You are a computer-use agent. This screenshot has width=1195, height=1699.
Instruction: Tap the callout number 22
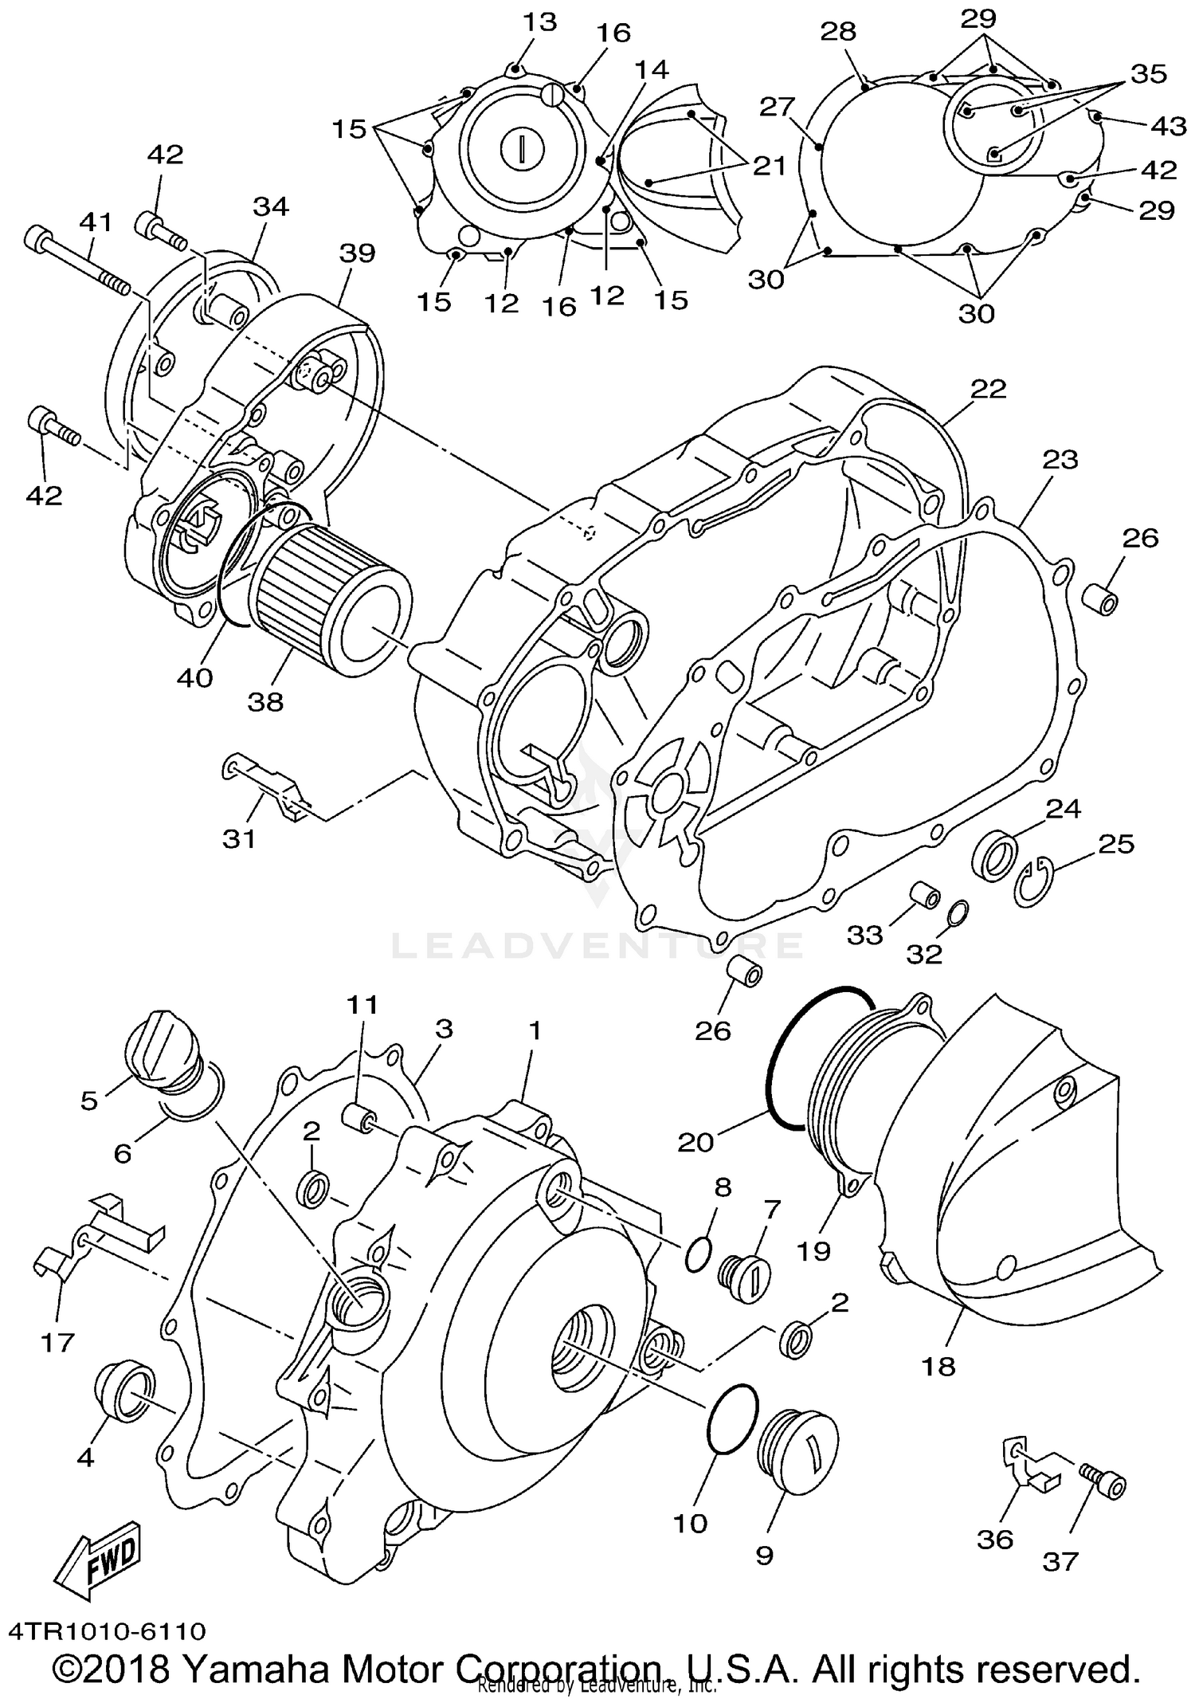(988, 389)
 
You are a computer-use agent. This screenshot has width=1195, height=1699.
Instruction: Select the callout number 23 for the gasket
(1060, 460)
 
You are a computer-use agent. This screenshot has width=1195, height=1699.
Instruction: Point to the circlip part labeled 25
(1034, 883)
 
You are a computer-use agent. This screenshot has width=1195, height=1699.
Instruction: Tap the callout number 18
(938, 1367)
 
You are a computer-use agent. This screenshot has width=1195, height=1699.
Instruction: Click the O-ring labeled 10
(731, 1416)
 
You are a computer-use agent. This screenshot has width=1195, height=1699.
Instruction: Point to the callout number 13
(540, 22)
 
